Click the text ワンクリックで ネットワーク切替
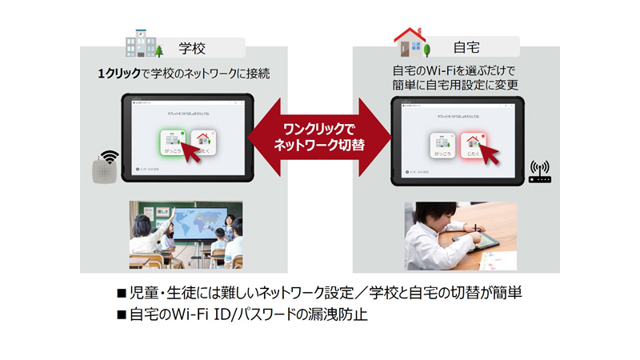(x=319, y=136)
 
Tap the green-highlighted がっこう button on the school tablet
(x=173, y=144)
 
